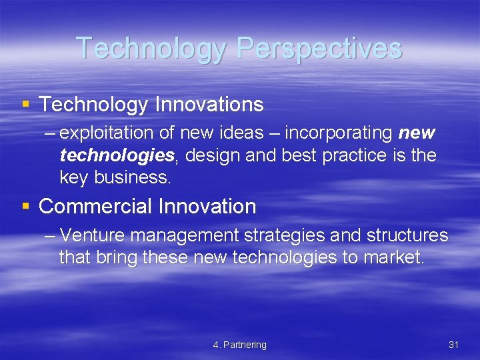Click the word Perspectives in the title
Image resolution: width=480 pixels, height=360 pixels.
(319, 48)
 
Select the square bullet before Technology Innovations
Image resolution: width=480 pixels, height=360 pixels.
(25, 104)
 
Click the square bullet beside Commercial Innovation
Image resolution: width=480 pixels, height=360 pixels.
(25, 206)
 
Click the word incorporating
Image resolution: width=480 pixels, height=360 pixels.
(338, 133)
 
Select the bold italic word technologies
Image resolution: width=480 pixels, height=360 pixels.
(117, 155)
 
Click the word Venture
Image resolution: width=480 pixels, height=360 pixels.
(97, 235)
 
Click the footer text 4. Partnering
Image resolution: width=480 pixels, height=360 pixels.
(239, 345)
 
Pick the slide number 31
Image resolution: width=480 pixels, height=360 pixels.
(454, 345)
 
